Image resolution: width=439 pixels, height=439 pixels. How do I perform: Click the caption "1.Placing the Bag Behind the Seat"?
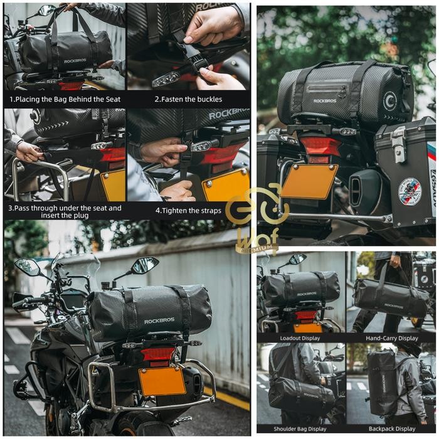[65, 99]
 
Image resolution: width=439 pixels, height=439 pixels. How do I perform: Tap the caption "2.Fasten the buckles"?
[188, 99]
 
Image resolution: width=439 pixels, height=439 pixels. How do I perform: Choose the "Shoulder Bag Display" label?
[300, 429]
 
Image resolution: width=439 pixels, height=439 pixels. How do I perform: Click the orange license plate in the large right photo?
[309, 181]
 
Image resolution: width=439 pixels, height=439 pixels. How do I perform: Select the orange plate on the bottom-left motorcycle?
[162, 381]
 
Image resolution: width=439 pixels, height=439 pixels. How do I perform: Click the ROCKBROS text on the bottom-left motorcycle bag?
[159, 321]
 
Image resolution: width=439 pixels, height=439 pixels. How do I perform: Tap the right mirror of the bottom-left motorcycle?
[145, 265]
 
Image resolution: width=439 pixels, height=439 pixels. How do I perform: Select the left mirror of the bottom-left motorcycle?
[28, 267]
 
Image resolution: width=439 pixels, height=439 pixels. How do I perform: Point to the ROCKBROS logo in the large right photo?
[325, 100]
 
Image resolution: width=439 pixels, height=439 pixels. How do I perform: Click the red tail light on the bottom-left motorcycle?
[157, 354]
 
